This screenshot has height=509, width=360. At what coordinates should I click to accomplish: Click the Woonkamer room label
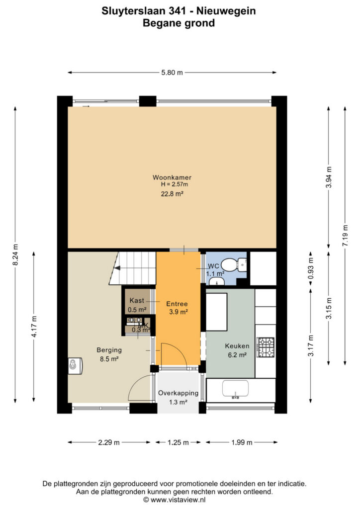(x=172, y=177)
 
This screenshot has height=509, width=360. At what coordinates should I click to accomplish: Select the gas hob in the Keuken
(x=266, y=347)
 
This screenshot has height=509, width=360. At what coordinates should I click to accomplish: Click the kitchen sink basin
(x=235, y=389)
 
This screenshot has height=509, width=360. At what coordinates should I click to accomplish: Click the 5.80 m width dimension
(x=172, y=73)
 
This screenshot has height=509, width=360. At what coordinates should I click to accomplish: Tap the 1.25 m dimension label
(x=178, y=442)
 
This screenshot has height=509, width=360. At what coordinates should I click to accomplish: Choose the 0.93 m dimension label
(x=311, y=268)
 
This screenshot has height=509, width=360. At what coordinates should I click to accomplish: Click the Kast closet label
(x=137, y=300)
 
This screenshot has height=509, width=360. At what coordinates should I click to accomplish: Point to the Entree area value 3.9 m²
(x=179, y=312)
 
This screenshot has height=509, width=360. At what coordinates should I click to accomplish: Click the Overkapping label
(x=178, y=393)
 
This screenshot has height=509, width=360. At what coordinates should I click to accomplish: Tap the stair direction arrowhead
(x=116, y=268)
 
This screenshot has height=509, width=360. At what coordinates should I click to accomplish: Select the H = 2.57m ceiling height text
(x=175, y=184)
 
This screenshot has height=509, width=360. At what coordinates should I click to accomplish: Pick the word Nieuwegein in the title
(x=226, y=11)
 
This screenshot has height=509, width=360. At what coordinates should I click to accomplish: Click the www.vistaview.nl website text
(x=178, y=500)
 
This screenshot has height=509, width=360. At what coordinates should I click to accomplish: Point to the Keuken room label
(x=237, y=346)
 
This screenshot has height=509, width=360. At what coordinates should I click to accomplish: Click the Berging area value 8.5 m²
(x=109, y=359)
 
